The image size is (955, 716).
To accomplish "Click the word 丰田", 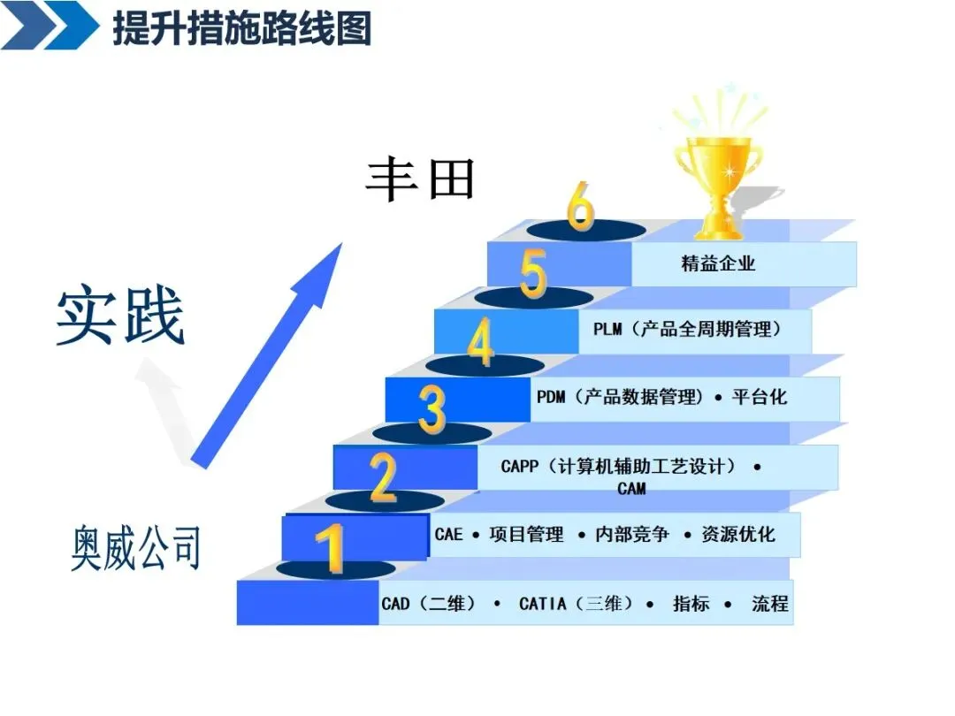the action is [x=421, y=179].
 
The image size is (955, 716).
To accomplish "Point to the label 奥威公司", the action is [x=135, y=547].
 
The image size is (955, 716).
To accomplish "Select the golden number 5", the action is [x=534, y=275].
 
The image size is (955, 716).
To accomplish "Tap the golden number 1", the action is [x=331, y=549].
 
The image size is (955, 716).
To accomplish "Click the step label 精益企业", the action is [x=718, y=263].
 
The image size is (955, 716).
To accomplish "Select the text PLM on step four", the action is [x=607, y=330].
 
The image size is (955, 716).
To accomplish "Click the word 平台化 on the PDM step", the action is [x=759, y=396].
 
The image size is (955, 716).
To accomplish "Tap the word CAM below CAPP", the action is [x=631, y=488].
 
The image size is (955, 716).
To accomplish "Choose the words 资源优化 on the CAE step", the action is [x=737, y=534].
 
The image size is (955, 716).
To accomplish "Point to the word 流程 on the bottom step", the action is [x=769, y=605].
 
